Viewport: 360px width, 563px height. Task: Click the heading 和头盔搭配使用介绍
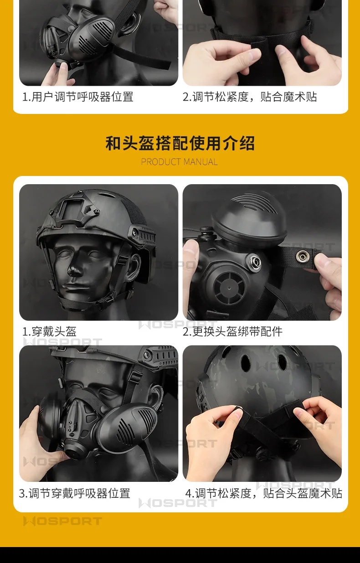(180, 143)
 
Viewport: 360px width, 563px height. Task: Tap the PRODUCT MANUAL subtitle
(180, 162)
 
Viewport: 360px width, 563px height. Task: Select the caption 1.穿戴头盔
(49, 331)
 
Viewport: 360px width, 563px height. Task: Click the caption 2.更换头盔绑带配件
(232, 331)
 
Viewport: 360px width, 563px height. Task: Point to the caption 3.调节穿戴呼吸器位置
(75, 493)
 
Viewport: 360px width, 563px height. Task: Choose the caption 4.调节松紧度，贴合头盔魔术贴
(264, 493)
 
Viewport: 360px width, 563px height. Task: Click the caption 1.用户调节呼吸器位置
(78, 97)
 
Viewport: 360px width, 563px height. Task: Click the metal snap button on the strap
(302, 256)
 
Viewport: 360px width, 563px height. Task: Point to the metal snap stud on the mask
(254, 262)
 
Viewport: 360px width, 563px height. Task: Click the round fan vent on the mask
(229, 288)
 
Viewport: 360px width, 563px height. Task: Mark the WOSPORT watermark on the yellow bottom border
(62, 521)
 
